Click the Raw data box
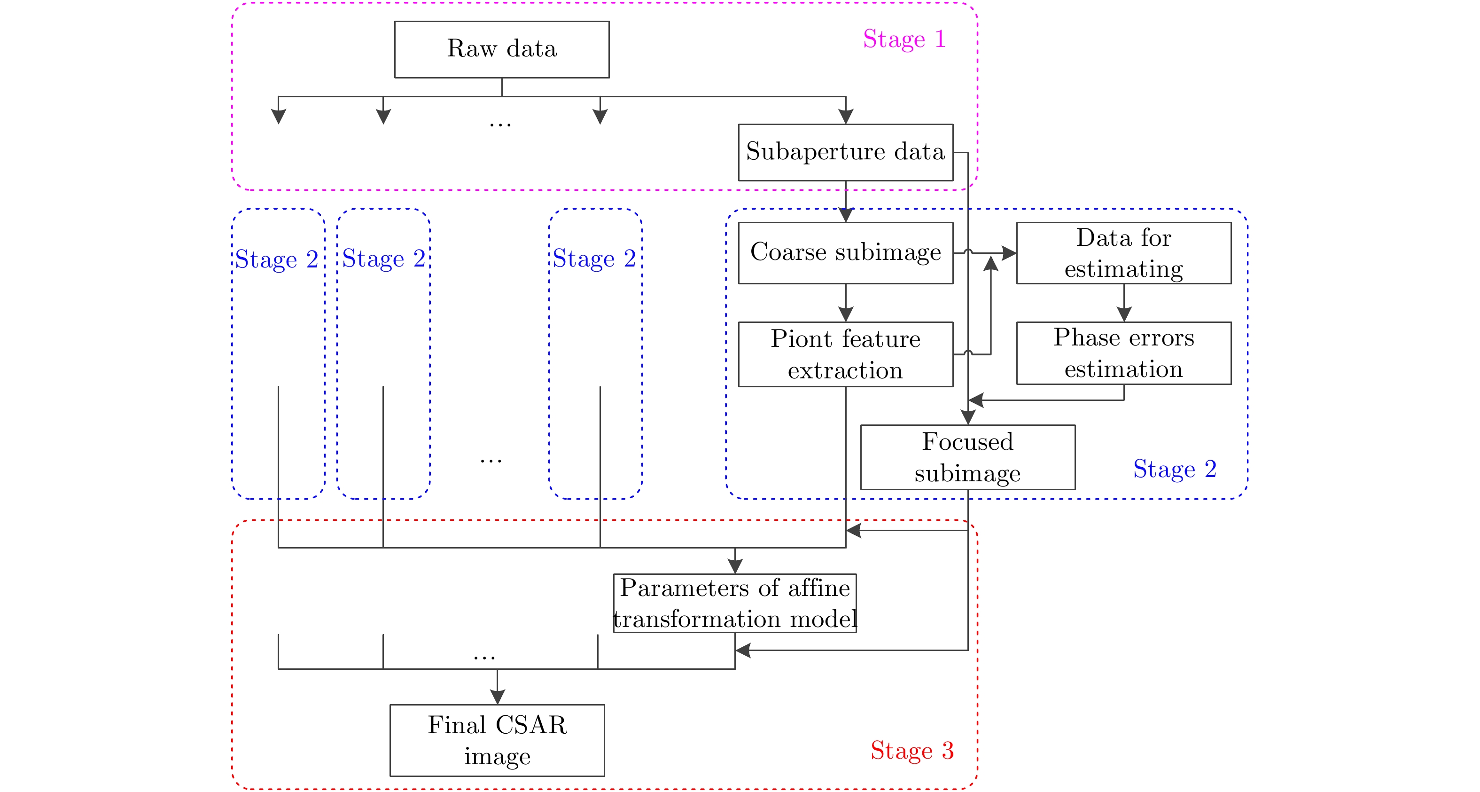pos(502,49)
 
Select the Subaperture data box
pos(845,152)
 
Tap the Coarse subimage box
pos(845,253)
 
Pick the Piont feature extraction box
pos(845,354)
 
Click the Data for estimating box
pos(1123,253)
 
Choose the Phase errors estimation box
pos(1123,353)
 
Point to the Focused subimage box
pos(967,457)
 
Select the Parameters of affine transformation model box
pos(735,603)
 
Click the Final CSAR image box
pos(497,740)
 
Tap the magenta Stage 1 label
pos(904,39)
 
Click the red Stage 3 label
pos(912,751)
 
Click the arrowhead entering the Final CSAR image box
pos(498,697)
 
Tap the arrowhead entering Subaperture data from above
pos(846,116)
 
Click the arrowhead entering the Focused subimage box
pos(968,417)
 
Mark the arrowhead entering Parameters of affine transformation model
pos(735,566)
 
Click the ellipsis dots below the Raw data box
pos(500,124)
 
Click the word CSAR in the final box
pos(531,725)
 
